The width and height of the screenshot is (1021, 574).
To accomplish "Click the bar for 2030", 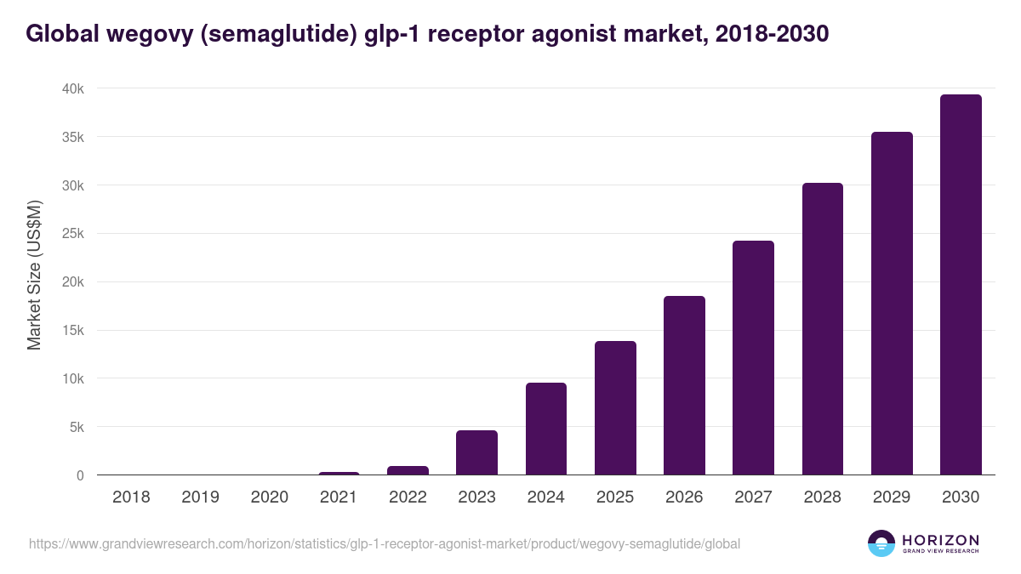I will (x=961, y=285).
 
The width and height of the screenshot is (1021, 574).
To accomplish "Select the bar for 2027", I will (x=753, y=358).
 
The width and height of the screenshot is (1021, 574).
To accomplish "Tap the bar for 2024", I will (x=545, y=429).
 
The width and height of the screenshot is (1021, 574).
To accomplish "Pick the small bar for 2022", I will (x=408, y=470).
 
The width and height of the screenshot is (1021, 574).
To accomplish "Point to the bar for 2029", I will (x=892, y=304).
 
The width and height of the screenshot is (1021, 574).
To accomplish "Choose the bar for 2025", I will (x=615, y=408).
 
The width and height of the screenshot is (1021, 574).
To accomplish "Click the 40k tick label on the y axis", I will (x=73, y=89).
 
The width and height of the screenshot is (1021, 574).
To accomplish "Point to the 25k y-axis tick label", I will (x=73, y=234).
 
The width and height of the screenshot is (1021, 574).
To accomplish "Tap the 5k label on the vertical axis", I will (x=76, y=427).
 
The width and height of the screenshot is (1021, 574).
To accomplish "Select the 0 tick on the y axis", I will (x=80, y=475).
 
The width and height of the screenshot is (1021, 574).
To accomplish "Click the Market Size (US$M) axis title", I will (x=34, y=275).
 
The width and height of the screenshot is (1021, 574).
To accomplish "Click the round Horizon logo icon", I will (x=881, y=543).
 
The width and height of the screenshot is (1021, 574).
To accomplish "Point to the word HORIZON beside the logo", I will (x=941, y=540).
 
